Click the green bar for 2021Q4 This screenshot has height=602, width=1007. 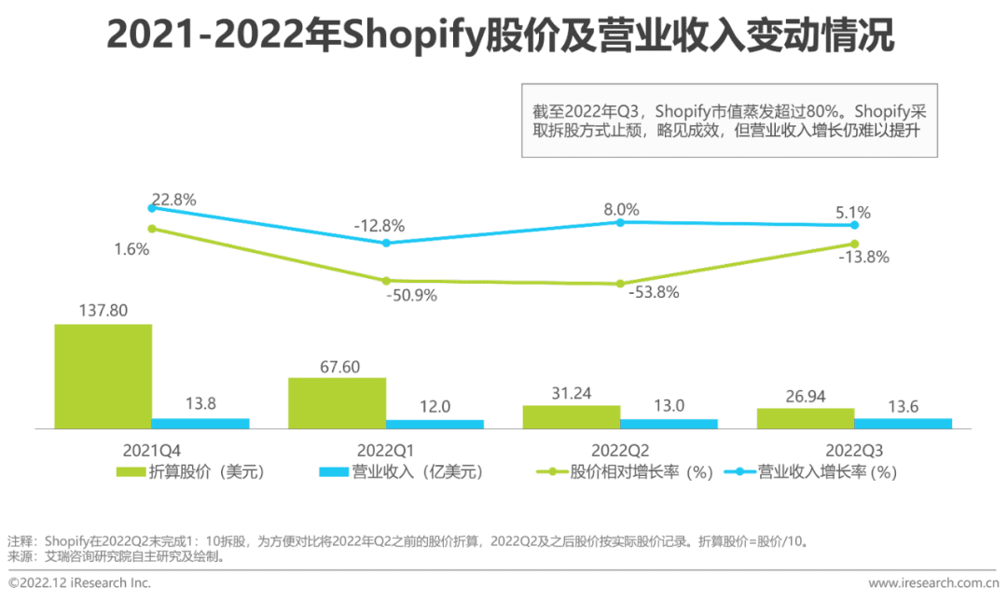coord(103,376)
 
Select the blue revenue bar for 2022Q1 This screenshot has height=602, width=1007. coord(435,424)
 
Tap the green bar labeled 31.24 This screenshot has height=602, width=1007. coord(571,416)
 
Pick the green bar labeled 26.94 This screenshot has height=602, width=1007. coord(805,418)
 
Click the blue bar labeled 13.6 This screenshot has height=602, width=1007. coord(903,423)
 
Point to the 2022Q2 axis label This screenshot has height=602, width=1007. coord(619,446)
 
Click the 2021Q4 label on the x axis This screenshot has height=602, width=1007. coord(151,446)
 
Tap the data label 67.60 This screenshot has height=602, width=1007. coord(336,365)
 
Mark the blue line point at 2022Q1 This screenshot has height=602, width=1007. coord(387,243)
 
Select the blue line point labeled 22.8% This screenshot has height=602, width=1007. coord(152,207)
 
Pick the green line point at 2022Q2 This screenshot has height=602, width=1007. coord(619,284)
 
